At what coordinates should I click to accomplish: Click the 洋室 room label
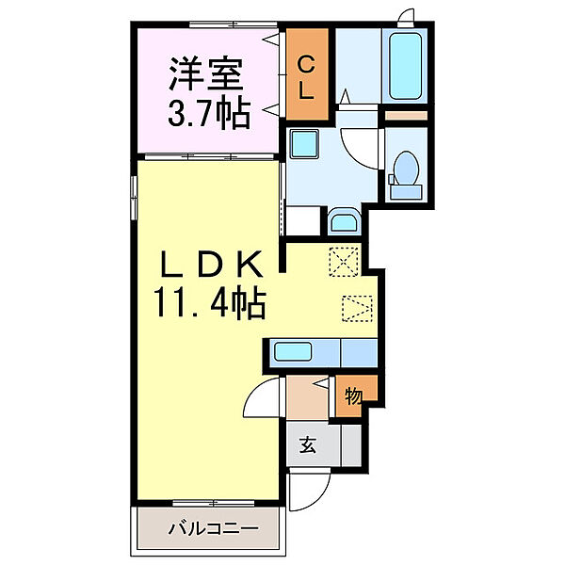point(208,72)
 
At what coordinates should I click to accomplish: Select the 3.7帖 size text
point(209,113)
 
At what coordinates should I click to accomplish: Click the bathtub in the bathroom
point(407,63)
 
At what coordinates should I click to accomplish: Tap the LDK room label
point(209,261)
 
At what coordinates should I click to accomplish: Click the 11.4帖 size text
point(209,303)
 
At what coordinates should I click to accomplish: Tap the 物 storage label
point(353,396)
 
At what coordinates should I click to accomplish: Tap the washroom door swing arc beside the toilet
point(360,147)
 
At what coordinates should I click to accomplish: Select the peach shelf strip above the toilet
point(407,114)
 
